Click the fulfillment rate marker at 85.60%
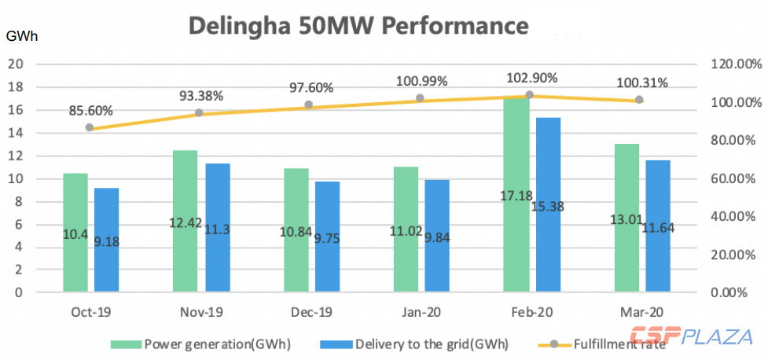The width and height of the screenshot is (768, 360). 90,127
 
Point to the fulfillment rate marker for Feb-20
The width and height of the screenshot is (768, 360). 529,95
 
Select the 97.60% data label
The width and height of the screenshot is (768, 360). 309,88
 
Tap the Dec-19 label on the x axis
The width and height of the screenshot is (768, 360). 308,312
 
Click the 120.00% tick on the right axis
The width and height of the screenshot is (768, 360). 731,64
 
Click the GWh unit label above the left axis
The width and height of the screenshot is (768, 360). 21,36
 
